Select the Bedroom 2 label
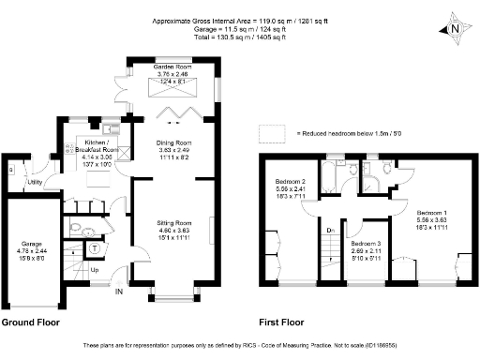pyautogui.click(x=291, y=182)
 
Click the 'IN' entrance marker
pyautogui.click(x=118, y=292)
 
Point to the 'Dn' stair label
pyautogui.click(x=329, y=230)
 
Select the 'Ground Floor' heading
pyautogui.click(x=31, y=322)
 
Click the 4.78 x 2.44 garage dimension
pyautogui.click(x=33, y=247)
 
